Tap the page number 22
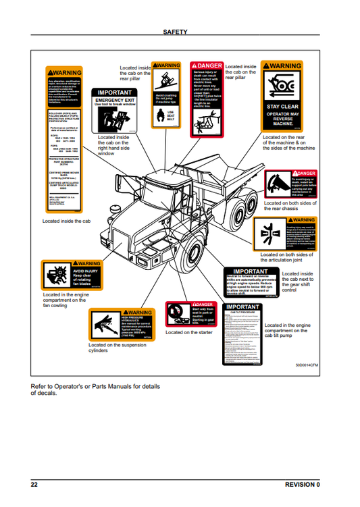pyautogui.click(x=34, y=485)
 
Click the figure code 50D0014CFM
pyautogui.click(x=308, y=365)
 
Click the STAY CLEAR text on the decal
pyautogui.click(x=282, y=106)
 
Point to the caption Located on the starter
pyautogui.click(x=189, y=333)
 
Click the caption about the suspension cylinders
pyautogui.click(x=117, y=348)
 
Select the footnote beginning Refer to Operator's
pyautogui.click(x=96, y=390)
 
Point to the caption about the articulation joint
pyautogui.click(x=287, y=257)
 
